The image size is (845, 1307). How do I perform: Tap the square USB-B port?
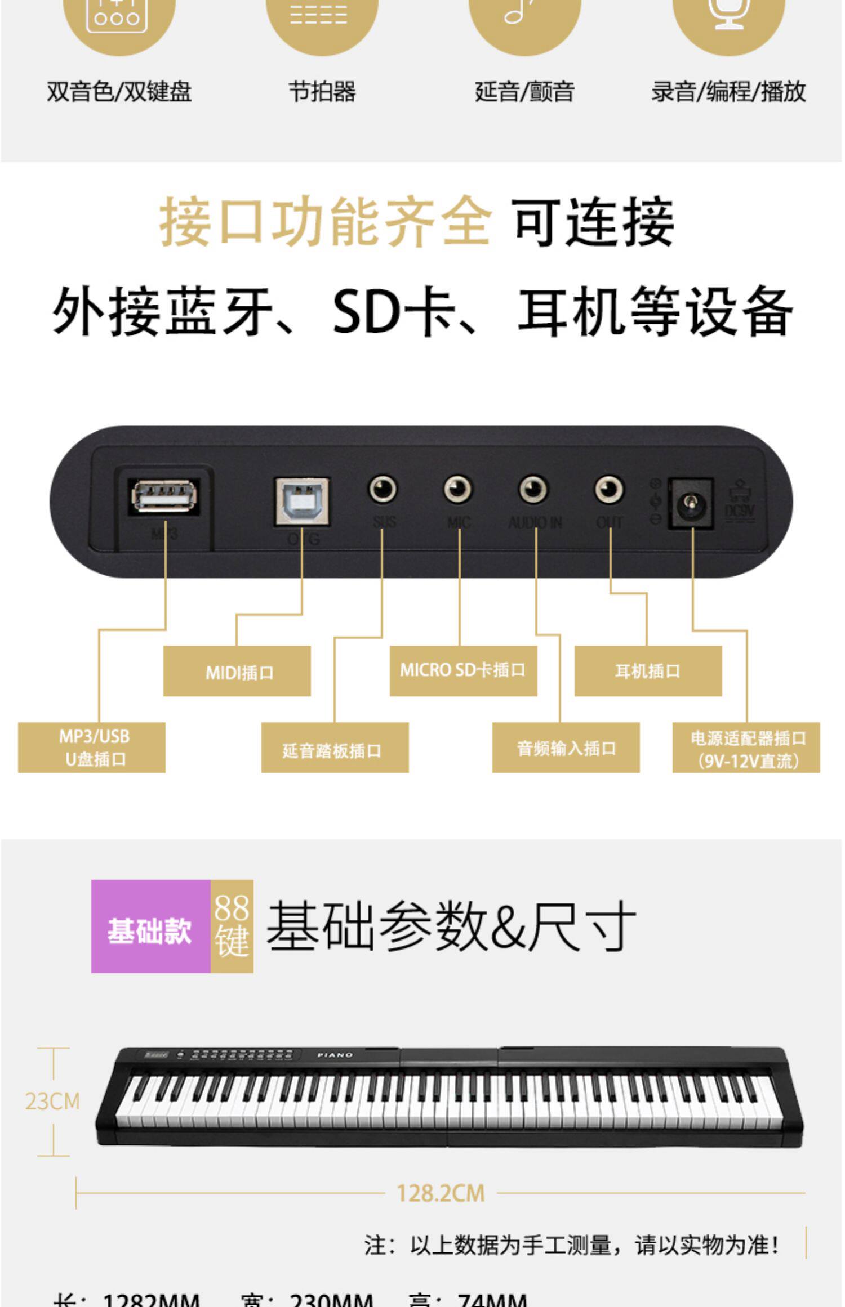(x=302, y=501)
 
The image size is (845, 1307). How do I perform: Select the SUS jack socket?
(x=383, y=489)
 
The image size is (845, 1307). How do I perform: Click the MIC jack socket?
(x=457, y=489)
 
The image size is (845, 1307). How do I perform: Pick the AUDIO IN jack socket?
(x=533, y=489)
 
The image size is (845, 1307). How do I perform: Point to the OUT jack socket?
(x=609, y=489)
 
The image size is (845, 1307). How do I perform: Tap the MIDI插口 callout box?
(x=237, y=672)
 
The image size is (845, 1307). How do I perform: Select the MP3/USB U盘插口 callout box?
(x=92, y=748)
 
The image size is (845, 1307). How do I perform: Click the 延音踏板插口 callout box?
(x=335, y=748)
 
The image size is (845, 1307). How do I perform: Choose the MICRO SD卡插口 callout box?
(x=463, y=670)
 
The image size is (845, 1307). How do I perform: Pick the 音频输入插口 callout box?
(x=566, y=748)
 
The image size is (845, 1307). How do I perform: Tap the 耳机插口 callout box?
(x=648, y=671)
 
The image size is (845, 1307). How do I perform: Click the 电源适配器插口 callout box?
(x=746, y=748)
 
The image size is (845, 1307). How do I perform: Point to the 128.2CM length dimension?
(x=441, y=1193)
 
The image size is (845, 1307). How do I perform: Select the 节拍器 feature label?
(x=322, y=91)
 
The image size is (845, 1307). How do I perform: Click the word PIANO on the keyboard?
(x=335, y=1054)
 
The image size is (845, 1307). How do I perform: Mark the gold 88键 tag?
(x=232, y=926)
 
